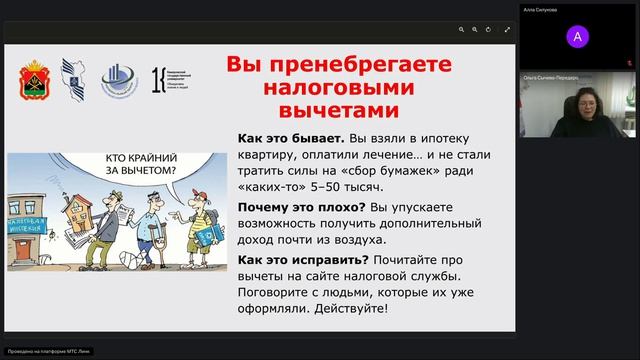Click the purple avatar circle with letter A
577,37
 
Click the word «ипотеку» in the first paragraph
439,138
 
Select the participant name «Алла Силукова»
540,10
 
